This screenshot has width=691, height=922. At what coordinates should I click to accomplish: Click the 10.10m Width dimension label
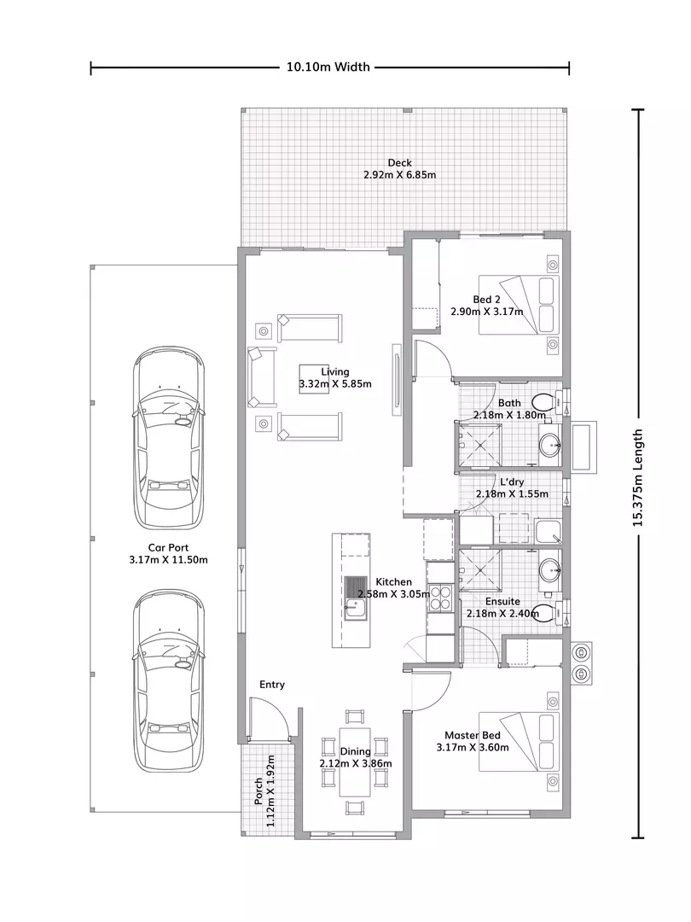pyautogui.click(x=328, y=67)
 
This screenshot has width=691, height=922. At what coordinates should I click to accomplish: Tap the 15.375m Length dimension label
pyautogui.click(x=637, y=477)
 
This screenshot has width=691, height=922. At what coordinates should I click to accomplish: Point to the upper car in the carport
pyautogui.click(x=169, y=438)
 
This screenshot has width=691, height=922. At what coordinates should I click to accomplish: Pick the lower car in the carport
pyautogui.click(x=169, y=680)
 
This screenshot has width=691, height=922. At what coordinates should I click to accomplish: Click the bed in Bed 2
pyautogui.click(x=518, y=305)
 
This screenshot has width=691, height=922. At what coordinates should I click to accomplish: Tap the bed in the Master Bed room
pyautogui.click(x=518, y=742)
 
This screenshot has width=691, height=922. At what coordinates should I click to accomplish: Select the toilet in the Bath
pyautogui.click(x=544, y=402)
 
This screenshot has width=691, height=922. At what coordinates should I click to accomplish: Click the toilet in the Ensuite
pyautogui.click(x=546, y=612)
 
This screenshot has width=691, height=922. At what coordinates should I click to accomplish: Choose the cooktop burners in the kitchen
pyautogui.click(x=440, y=598)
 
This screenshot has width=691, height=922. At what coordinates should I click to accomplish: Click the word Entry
pyautogui.click(x=272, y=685)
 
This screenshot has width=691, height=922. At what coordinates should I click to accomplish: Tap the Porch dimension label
pyautogui.click(x=264, y=791)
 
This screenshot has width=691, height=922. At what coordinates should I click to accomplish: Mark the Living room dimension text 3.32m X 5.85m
pyautogui.click(x=335, y=384)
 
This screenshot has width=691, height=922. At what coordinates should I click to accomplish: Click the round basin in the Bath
pyautogui.click(x=550, y=445)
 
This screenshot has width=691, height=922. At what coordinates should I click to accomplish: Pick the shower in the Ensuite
pyautogui.click(x=480, y=570)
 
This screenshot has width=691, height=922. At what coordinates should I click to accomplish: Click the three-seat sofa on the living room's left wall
pyautogui.click(x=262, y=377)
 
